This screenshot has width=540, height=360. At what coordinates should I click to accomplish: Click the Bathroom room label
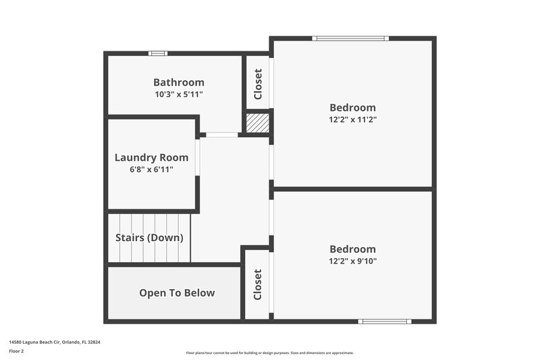[178, 82]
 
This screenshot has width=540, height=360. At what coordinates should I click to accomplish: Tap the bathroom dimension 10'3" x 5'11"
[178, 95]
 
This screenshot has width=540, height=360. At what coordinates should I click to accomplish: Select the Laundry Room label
[151, 157]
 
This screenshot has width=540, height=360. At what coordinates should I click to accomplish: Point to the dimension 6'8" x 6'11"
[151, 170]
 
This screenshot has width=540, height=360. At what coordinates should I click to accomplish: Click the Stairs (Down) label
[149, 238]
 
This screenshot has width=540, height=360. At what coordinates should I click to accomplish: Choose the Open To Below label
[177, 292]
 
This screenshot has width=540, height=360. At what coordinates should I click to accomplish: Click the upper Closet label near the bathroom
[258, 84]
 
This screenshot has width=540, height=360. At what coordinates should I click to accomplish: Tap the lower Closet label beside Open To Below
[257, 284]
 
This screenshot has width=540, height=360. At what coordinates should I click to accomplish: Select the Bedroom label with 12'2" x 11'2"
[352, 107]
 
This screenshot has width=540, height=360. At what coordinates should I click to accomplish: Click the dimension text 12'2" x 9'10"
[352, 261]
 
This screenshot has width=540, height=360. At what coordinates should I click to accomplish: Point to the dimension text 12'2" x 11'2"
[352, 120]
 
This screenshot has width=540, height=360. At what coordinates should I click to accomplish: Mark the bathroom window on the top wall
[157, 53]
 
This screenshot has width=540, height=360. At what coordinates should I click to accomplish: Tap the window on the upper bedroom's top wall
[351, 38]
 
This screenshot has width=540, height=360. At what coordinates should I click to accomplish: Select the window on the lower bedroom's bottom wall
[384, 321]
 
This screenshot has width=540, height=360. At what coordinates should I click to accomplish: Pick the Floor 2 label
[16, 351]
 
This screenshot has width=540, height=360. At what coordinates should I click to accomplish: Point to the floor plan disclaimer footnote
[269, 353]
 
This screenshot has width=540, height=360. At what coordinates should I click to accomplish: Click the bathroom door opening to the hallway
[221, 135]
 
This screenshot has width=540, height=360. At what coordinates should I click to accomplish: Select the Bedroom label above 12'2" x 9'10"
[352, 249]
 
